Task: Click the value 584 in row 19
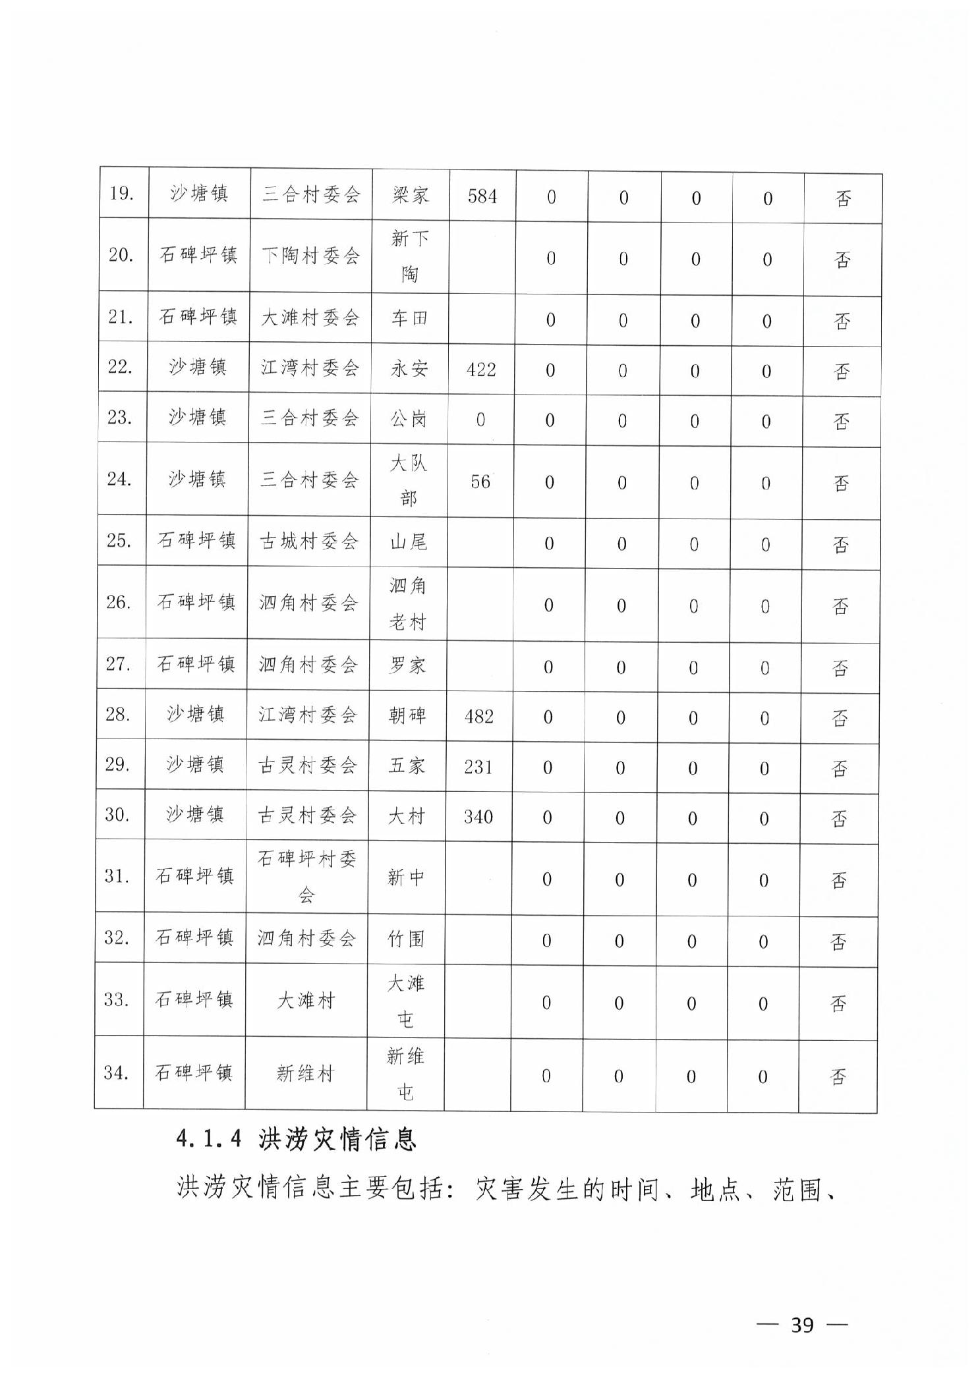(x=482, y=196)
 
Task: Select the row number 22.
(x=121, y=366)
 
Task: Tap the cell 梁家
(x=410, y=196)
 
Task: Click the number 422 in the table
(x=480, y=370)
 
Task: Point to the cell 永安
(x=409, y=369)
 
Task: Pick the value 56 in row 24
(x=480, y=482)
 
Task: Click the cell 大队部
(x=408, y=481)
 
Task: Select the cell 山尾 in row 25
(x=408, y=542)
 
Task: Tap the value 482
(x=478, y=716)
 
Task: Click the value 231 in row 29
(x=478, y=767)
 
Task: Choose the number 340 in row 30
(x=478, y=817)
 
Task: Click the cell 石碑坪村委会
(x=306, y=876)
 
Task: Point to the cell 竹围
(x=406, y=939)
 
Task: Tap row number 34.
(x=116, y=1072)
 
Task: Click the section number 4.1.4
(x=209, y=1139)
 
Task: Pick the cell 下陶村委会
(x=310, y=256)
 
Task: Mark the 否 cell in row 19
(x=843, y=198)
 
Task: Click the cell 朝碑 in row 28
(x=407, y=715)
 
